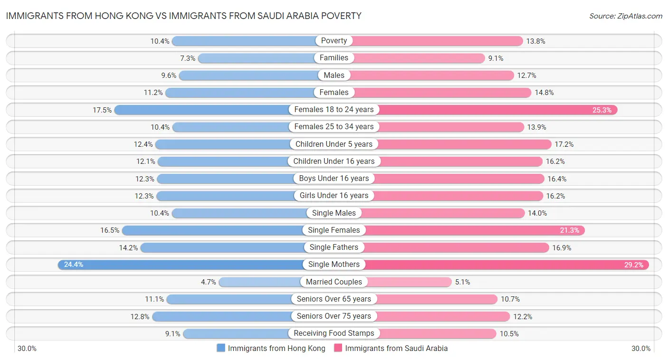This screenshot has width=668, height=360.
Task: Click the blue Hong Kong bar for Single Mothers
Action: [x=181, y=265]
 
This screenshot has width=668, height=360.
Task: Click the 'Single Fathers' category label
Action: [x=334, y=247]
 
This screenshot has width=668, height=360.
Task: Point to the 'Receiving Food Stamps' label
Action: [x=334, y=333]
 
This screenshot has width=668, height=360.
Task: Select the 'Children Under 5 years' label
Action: [x=334, y=144]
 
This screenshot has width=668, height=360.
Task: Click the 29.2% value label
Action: [x=634, y=265]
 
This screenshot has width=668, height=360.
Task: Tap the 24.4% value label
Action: [x=74, y=265]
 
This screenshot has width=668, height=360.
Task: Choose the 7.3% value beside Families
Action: [x=188, y=58]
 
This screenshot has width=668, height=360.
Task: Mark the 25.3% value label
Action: [x=602, y=110]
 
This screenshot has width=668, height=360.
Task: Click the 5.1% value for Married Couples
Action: [x=462, y=282]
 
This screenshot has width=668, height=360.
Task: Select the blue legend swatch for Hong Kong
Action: [x=221, y=348]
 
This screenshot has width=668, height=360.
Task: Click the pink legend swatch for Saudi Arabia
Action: [x=338, y=348]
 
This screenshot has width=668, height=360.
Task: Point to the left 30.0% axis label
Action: [x=27, y=349]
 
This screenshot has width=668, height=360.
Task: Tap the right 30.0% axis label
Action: [x=641, y=349]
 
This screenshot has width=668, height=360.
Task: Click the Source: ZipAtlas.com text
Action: [x=625, y=16]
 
